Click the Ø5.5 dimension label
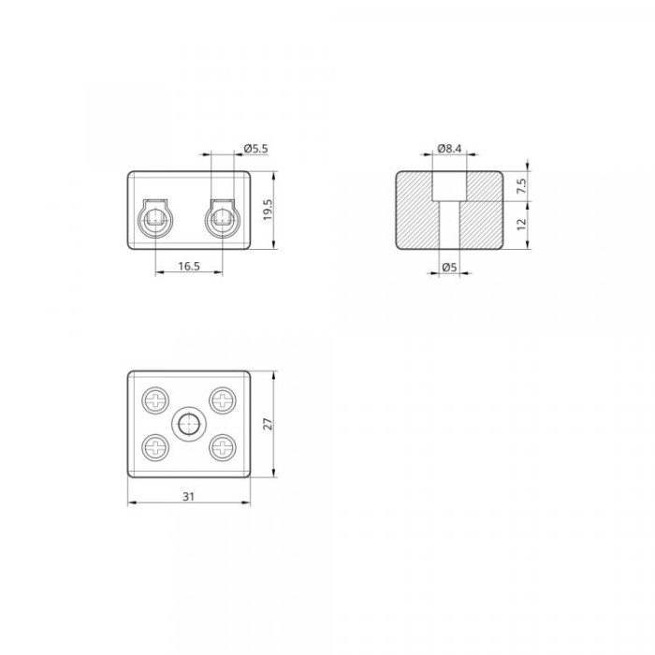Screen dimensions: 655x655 pos(255,148)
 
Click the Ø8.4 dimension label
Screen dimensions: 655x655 pos(449,148)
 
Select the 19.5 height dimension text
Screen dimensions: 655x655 pos(268,210)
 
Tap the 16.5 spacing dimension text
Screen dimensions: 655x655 pos(189,266)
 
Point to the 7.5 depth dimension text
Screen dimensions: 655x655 pos(521,186)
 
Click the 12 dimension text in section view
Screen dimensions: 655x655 pos(521,225)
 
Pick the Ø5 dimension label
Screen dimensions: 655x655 pos(449,267)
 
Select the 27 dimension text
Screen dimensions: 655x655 pos(268,424)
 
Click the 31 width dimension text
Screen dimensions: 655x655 pos(189,496)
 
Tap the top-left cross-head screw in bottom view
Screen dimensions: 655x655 pos(156,400)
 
